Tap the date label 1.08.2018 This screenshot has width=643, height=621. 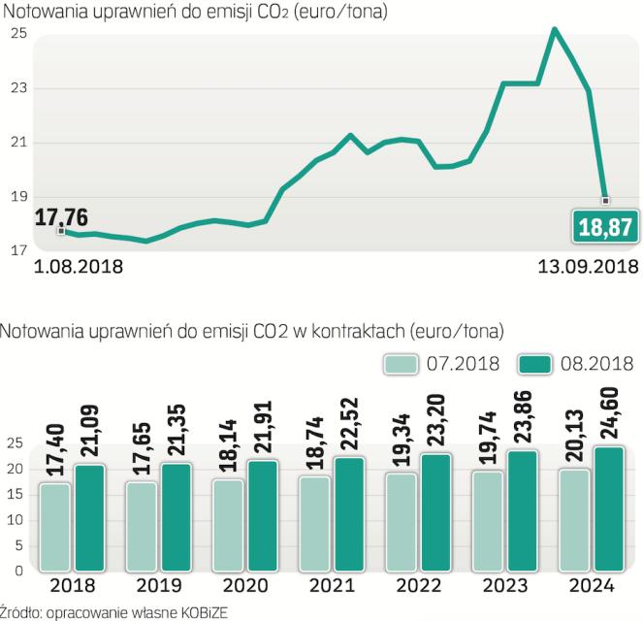click(x=79, y=265)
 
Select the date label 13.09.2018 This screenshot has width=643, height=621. click(x=588, y=265)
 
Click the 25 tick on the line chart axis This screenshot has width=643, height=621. click(x=17, y=34)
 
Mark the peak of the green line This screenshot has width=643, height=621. click(x=554, y=29)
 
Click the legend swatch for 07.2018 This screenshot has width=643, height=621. click(x=399, y=364)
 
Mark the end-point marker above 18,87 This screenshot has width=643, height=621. click(x=606, y=201)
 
